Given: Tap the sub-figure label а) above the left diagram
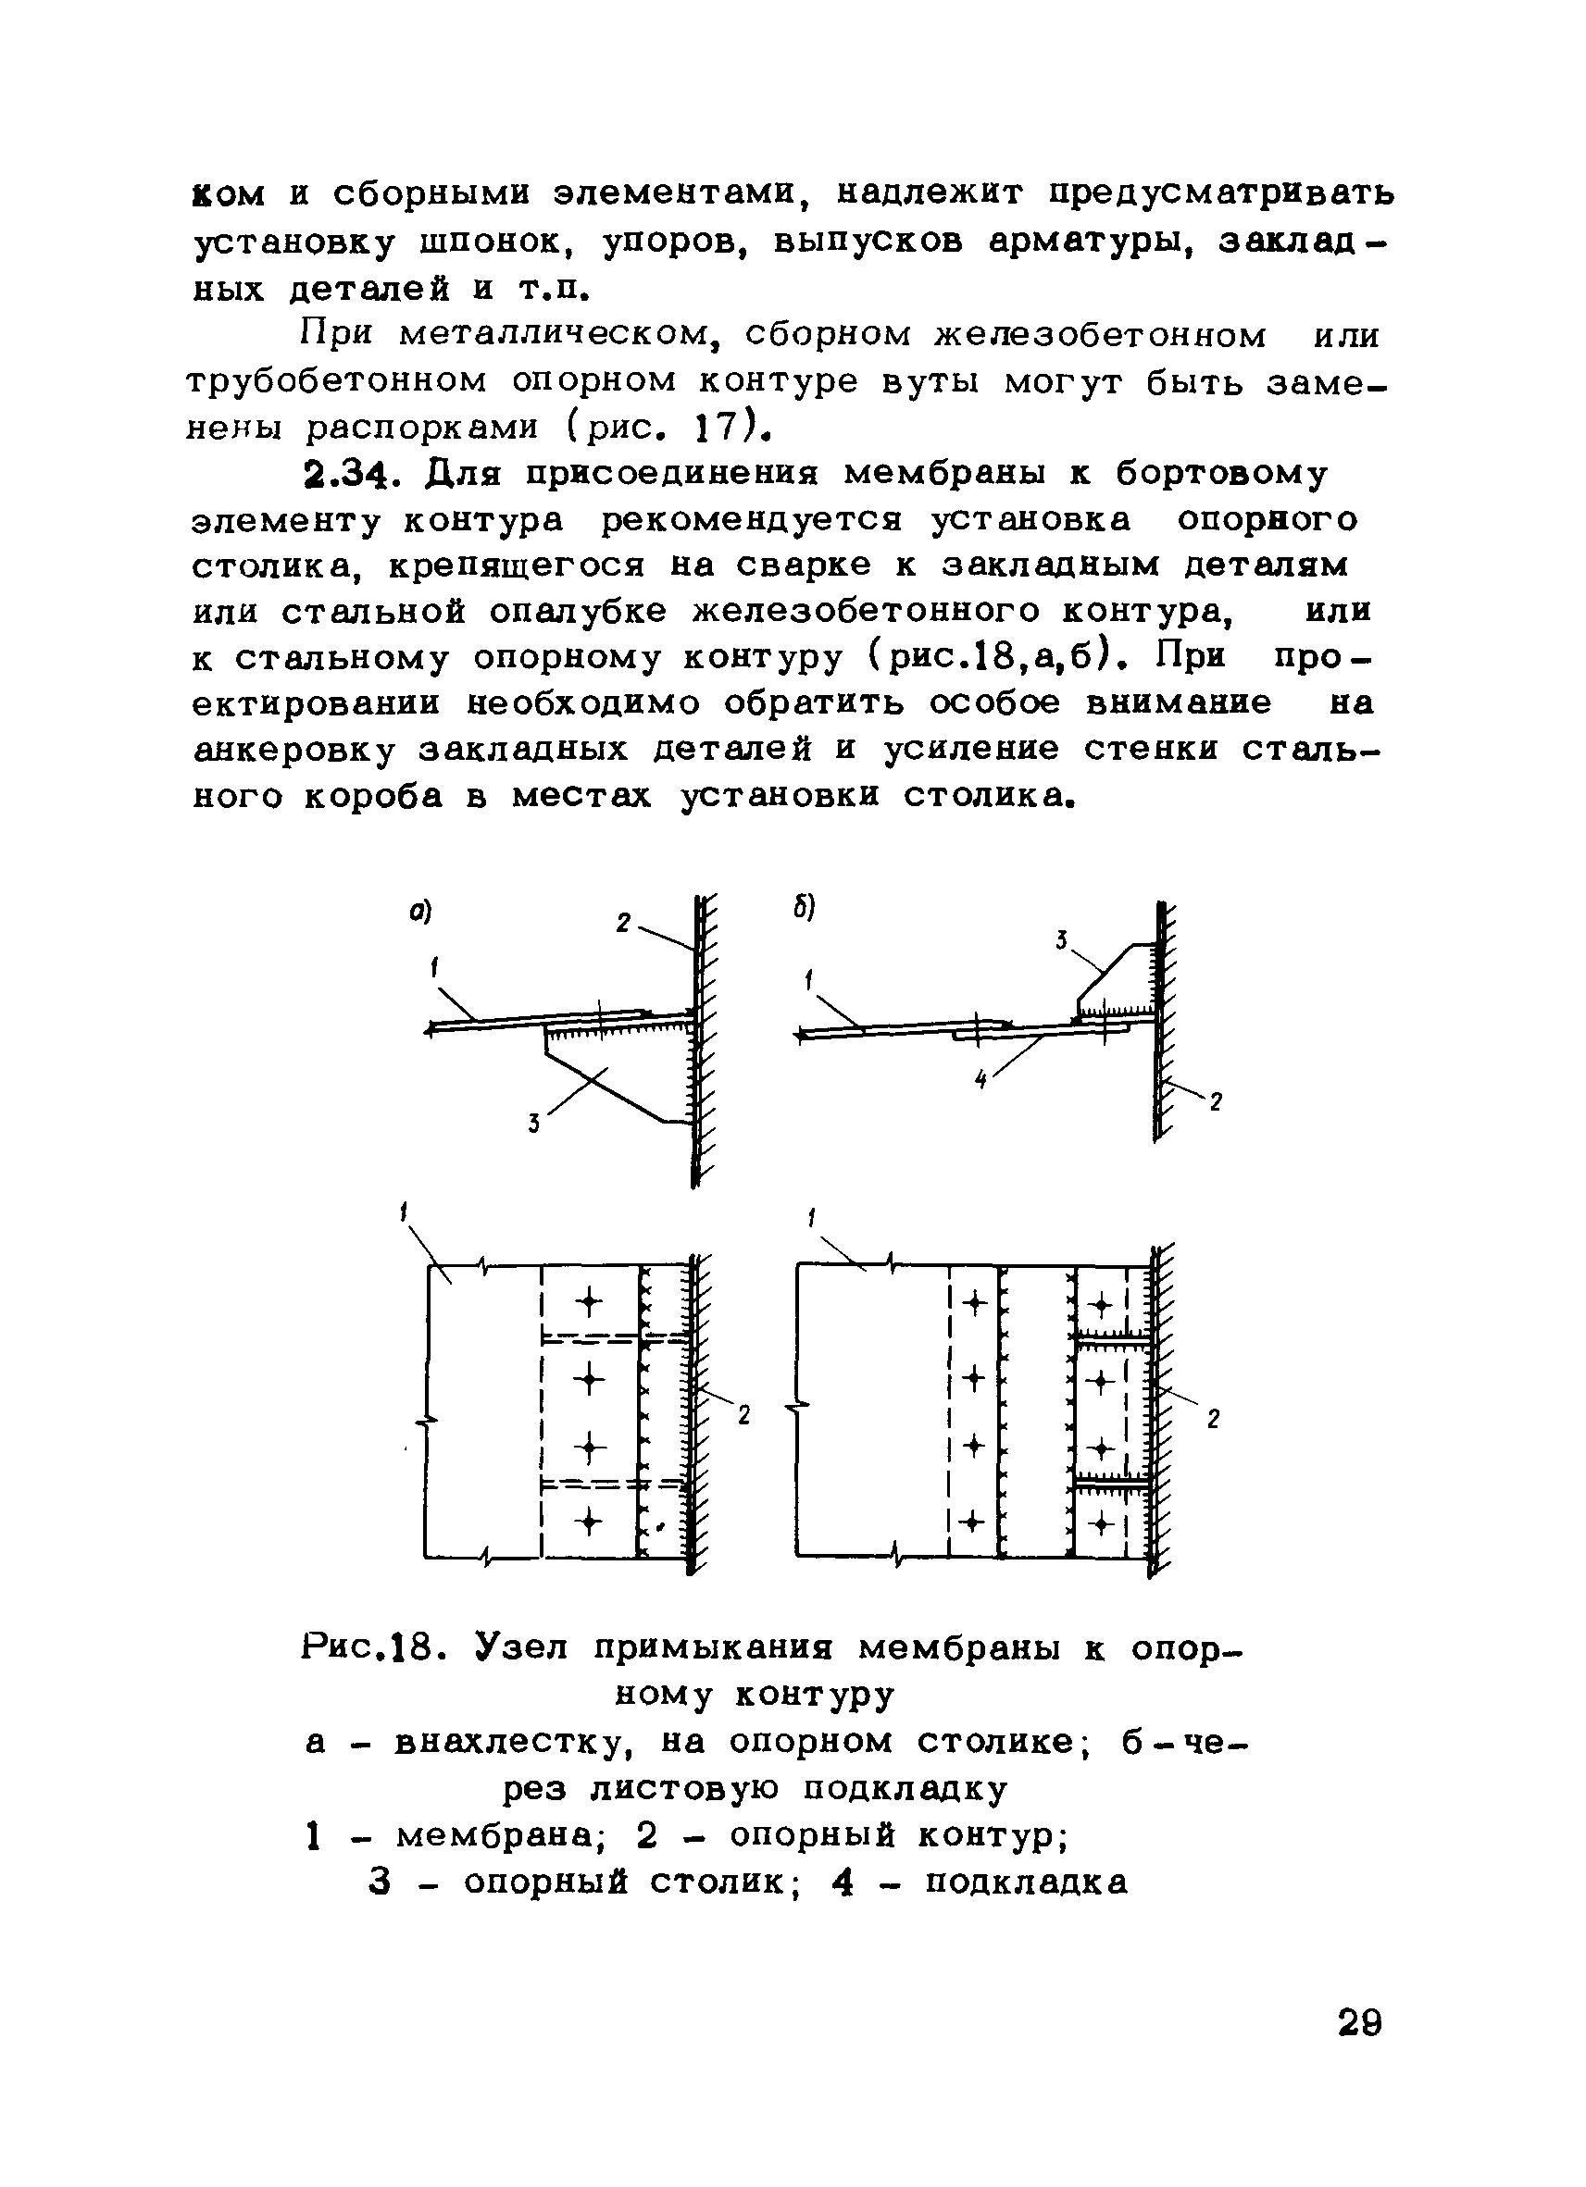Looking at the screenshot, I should click(418, 913).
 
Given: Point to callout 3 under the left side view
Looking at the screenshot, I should click(533, 1124).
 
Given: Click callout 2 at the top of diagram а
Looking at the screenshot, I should click(624, 924).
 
